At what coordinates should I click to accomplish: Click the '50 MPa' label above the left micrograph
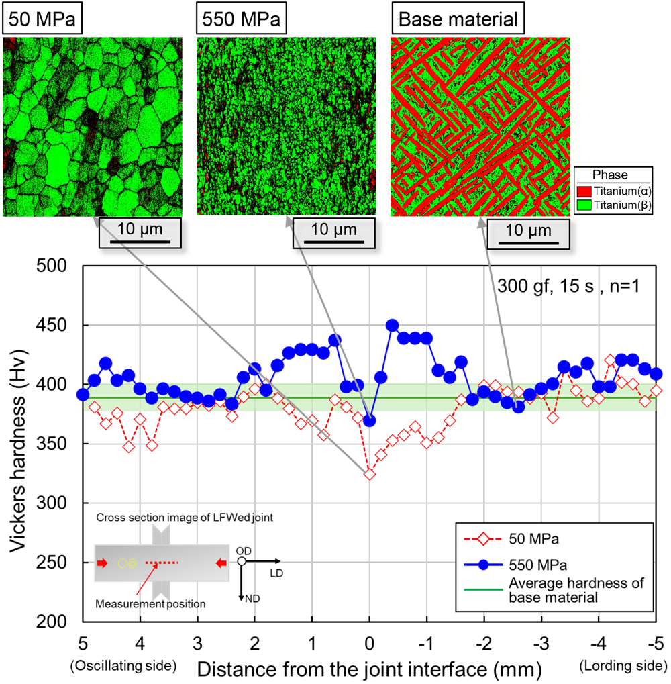(x=42, y=18)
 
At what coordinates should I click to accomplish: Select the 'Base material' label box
(x=458, y=18)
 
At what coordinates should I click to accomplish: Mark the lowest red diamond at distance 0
(x=369, y=474)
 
